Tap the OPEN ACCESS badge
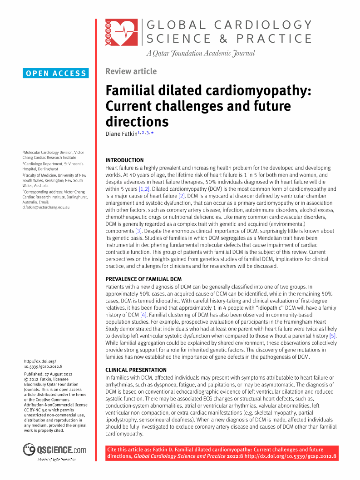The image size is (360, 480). [x=56, y=73]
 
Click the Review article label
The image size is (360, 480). [x=131, y=71]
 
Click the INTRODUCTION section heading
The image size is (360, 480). [x=124, y=160]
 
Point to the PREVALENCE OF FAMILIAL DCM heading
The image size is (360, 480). [x=143, y=279]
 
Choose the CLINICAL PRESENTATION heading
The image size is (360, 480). [x=136, y=370]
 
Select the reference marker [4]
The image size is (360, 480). [x=143, y=315]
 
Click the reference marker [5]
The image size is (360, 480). [x=333, y=336]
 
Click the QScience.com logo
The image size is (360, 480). [x=54, y=450]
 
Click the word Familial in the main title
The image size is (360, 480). [x=132, y=90]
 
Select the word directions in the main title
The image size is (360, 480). [x=137, y=122]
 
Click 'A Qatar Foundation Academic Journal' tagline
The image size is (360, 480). [x=200, y=54]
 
